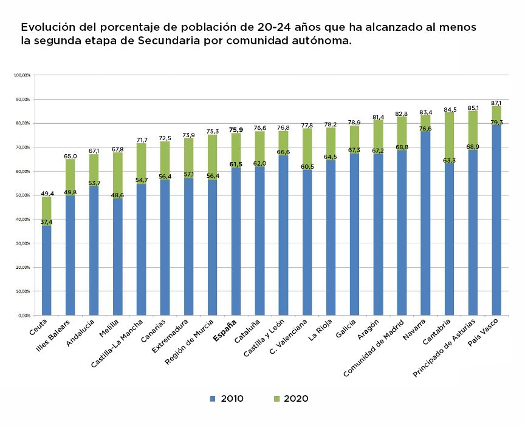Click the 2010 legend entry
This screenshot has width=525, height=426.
point(226,399)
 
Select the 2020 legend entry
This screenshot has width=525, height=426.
point(290,399)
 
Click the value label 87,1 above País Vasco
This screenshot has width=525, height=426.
point(496,103)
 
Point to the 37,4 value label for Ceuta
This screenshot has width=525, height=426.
point(47,222)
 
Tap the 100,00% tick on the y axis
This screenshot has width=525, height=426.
point(22,75)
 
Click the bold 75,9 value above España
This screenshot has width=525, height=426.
point(236,130)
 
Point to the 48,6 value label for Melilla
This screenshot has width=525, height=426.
point(117,195)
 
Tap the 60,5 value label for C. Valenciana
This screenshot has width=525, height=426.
point(306,167)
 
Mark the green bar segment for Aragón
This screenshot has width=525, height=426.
point(377,137)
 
